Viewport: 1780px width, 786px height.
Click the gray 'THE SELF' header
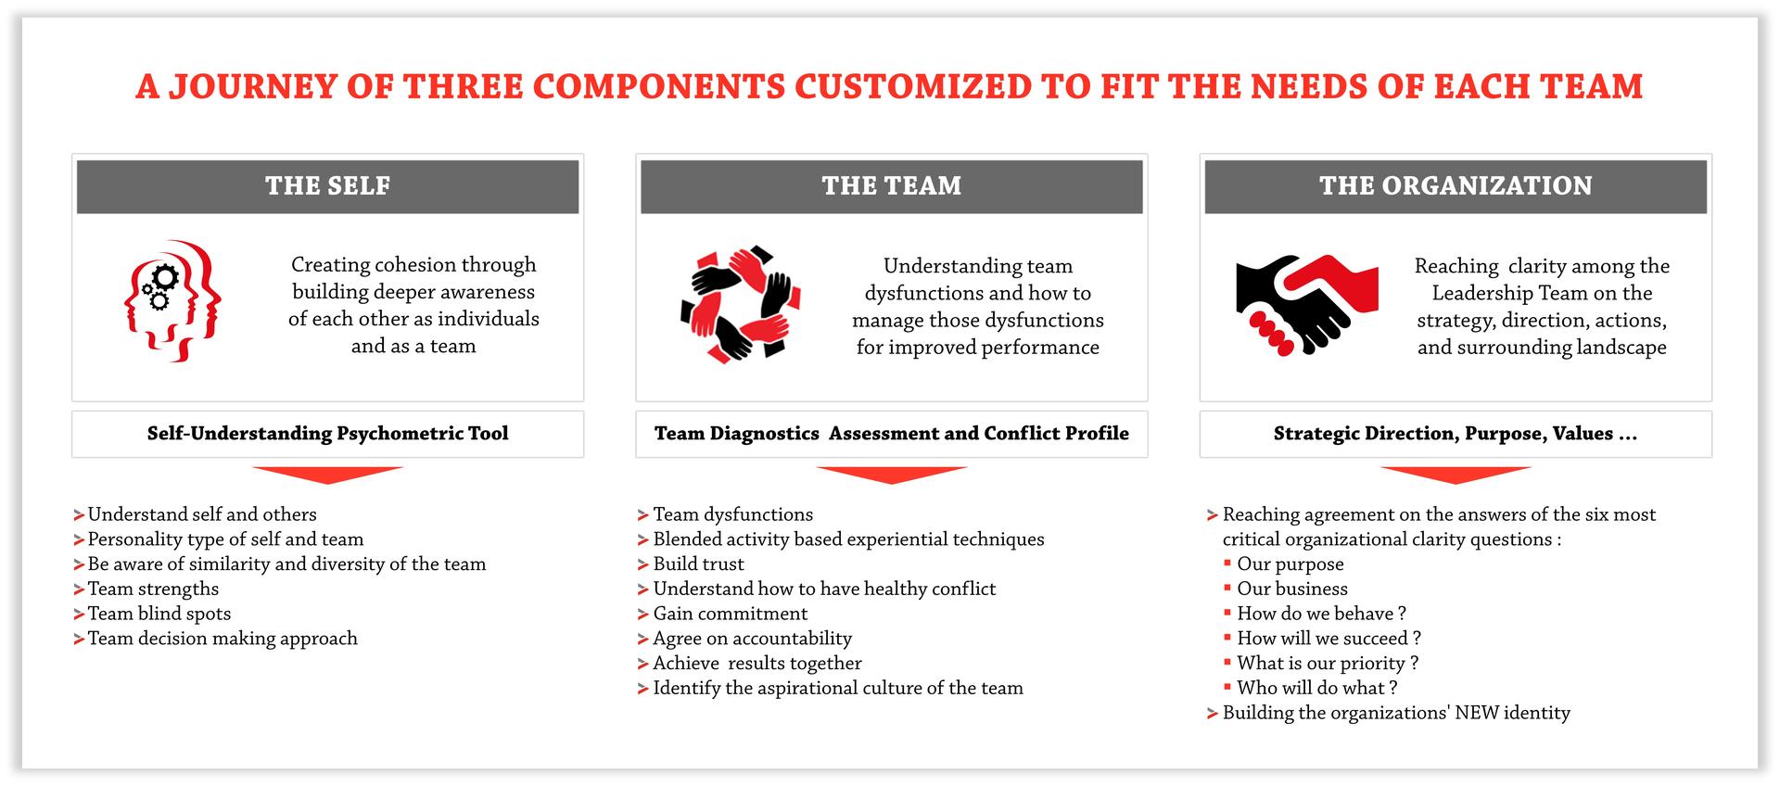[x=327, y=186]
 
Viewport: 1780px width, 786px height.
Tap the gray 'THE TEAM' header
[x=891, y=186]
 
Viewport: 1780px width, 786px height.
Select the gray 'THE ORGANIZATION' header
[x=1455, y=186]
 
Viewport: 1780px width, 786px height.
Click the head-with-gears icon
[x=173, y=299]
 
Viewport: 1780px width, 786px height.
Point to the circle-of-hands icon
[x=740, y=303]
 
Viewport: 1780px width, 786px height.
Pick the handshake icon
[x=1305, y=305]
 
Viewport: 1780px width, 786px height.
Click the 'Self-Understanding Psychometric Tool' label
[x=327, y=434]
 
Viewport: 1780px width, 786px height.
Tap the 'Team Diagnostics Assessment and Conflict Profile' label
[x=891, y=434]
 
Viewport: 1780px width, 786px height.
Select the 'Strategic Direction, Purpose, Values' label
[x=1455, y=434]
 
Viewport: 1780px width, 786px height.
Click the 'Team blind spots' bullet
[x=159, y=614]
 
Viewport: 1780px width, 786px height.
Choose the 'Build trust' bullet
[x=698, y=564]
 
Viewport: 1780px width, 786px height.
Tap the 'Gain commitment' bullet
[x=730, y=614]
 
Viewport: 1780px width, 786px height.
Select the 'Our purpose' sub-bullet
[x=1290, y=564]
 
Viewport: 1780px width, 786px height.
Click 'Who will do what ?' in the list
[x=1316, y=688]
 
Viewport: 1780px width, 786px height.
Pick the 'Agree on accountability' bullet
[x=752, y=639]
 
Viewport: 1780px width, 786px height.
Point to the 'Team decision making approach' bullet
[x=222, y=639]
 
